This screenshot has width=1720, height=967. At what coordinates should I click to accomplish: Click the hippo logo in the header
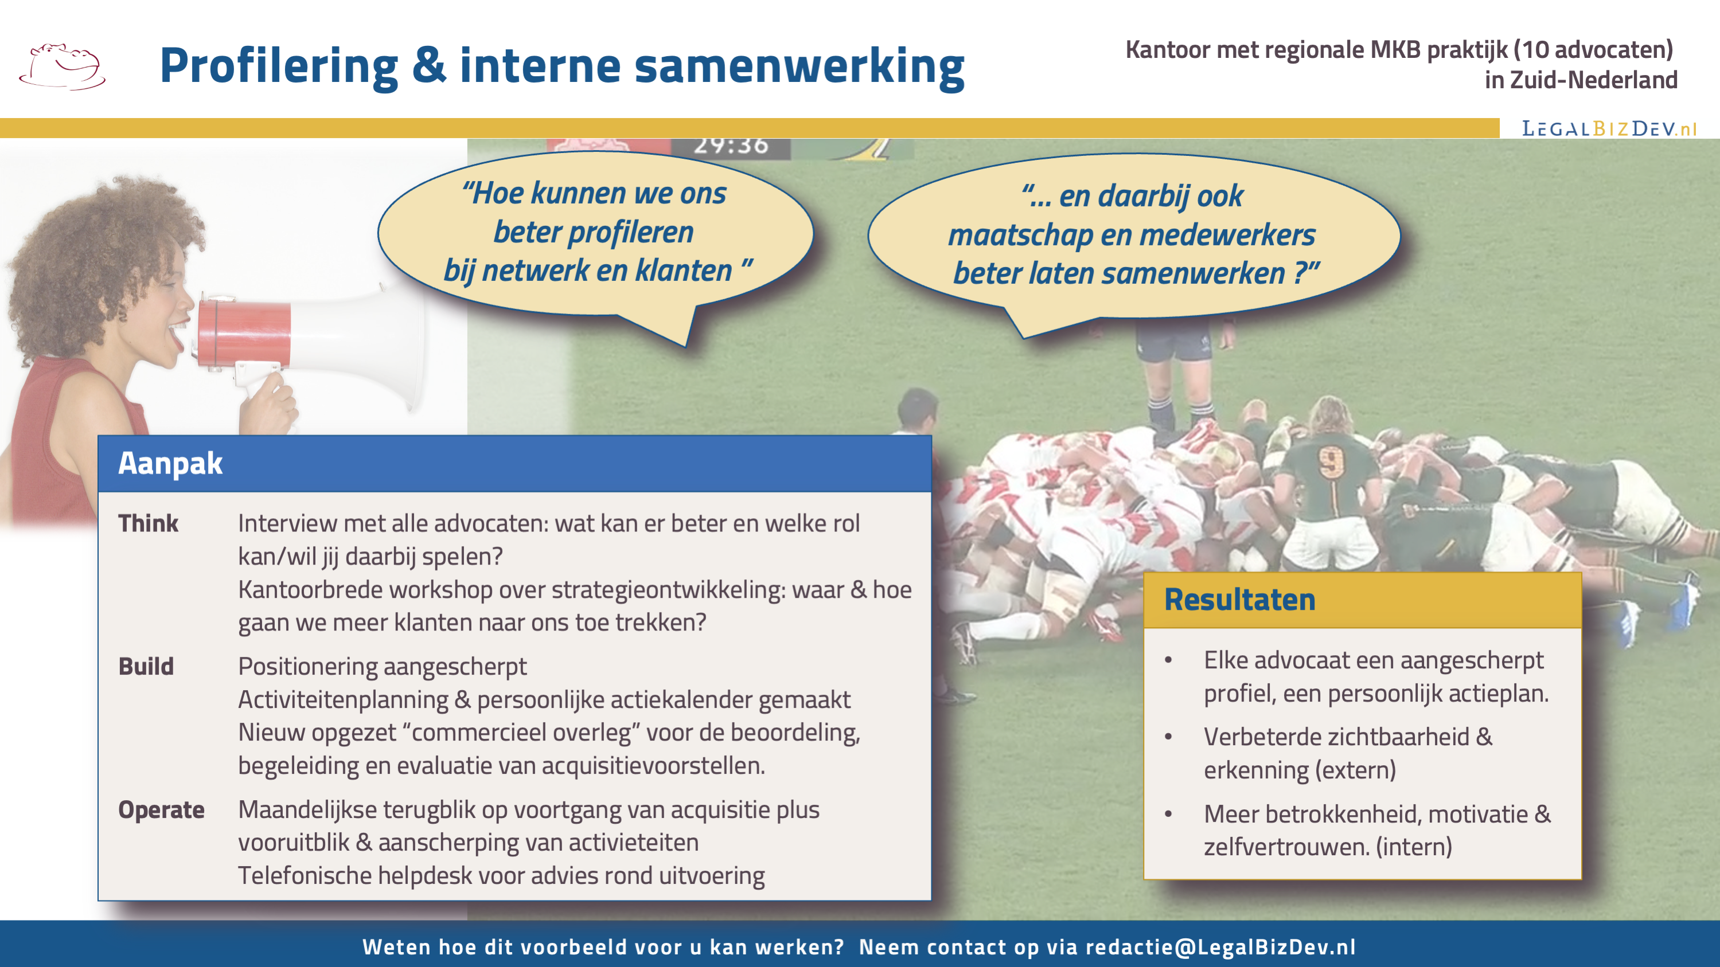(62, 66)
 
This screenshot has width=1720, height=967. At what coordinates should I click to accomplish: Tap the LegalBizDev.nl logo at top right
(1609, 128)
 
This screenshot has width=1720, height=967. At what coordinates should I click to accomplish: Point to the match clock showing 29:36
(731, 146)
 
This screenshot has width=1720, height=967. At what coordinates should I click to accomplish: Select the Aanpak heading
(170, 463)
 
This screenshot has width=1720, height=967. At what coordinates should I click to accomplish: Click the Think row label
(148, 523)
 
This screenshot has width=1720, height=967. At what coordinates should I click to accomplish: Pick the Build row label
(146, 666)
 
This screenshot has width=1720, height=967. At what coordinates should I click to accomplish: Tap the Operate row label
(162, 810)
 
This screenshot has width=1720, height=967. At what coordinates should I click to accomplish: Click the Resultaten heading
(1240, 599)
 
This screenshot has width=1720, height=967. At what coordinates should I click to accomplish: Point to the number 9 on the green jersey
(1331, 462)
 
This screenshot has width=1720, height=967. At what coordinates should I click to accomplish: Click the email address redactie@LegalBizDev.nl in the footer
(1220, 947)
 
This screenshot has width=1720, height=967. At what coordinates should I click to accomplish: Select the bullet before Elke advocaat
(1168, 660)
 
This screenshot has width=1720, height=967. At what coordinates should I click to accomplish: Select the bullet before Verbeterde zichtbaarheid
(1168, 737)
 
